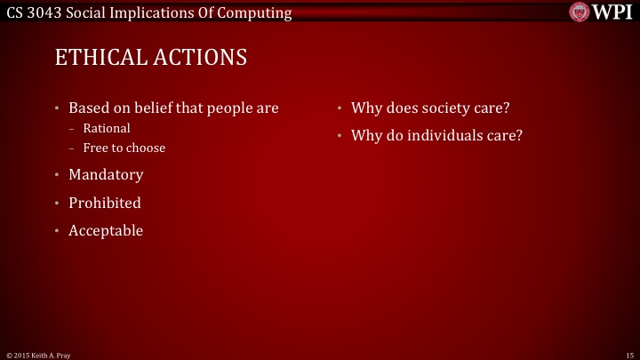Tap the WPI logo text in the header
612,12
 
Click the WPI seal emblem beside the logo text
580,12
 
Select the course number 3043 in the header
45,12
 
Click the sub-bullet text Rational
107,129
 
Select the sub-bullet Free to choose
124,148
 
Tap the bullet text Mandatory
106,175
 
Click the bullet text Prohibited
105,203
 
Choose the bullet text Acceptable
106,230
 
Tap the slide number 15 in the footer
629,355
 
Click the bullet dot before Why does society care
340,109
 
